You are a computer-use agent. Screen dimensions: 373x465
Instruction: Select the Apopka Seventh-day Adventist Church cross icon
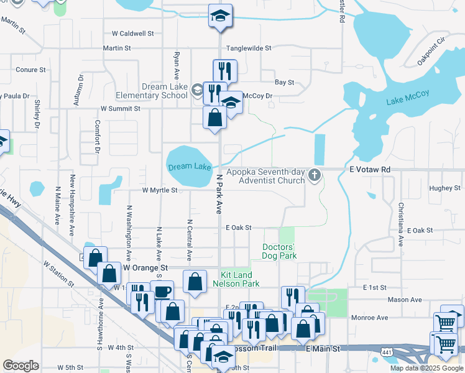(x=315, y=177)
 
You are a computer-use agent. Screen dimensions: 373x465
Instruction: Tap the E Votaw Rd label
(x=369, y=169)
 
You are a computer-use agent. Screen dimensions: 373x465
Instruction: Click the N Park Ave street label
(x=219, y=194)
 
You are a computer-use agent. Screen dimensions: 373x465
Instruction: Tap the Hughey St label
(x=444, y=188)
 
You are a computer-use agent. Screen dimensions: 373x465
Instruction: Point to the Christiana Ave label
(x=402, y=218)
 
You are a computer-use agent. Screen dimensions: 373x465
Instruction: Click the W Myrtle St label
(x=160, y=190)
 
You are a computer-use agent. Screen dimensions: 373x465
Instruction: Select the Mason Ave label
(x=405, y=300)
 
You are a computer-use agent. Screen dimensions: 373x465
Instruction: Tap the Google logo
(x=21, y=366)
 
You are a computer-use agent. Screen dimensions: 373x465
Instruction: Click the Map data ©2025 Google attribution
(x=426, y=368)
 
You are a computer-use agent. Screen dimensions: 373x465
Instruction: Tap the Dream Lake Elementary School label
(x=152, y=91)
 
